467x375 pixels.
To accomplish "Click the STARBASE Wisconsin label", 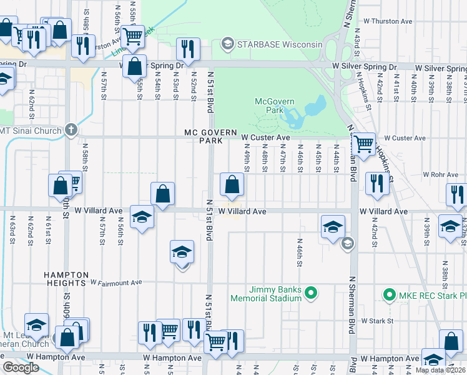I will pyautogui.click(x=279, y=44).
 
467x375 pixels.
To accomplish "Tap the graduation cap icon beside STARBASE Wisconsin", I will pyautogui.click(x=228, y=44).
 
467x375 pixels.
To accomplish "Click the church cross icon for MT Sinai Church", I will pyautogui.click(x=72, y=130).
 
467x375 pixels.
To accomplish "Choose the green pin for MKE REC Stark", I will pyautogui.click(x=390, y=294).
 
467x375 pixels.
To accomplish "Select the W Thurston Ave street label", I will pyautogui.click(x=388, y=21).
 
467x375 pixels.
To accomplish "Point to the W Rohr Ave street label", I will pyautogui.click(x=437, y=175).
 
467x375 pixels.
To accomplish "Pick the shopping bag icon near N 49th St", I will pyautogui.click(x=232, y=183).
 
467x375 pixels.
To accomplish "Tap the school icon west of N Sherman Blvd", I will pyautogui.click(x=333, y=226).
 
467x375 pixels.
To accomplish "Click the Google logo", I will pyautogui.click(x=21, y=367).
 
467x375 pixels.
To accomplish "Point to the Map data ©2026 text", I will pyautogui.click(x=440, y=370).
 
